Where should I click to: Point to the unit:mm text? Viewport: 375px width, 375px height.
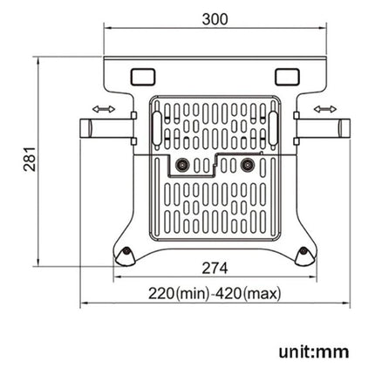click(314, 351)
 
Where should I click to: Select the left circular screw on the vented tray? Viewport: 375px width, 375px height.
click(181, 164)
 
